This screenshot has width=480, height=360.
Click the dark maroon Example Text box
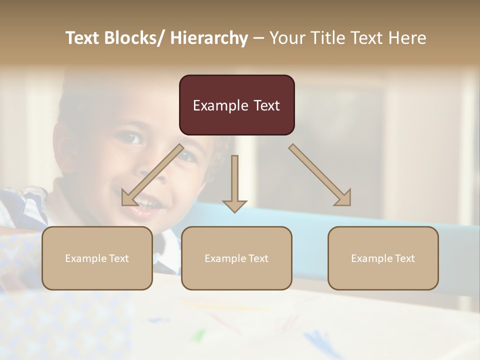[236, 105]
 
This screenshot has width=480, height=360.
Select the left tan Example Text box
[97, 258]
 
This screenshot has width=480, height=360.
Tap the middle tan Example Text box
[236, 258]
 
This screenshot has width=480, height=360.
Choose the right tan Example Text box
[383, 258]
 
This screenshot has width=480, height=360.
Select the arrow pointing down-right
[320, 175]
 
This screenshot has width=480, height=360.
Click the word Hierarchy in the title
[209, 38]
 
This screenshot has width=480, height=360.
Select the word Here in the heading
[407, 38]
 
